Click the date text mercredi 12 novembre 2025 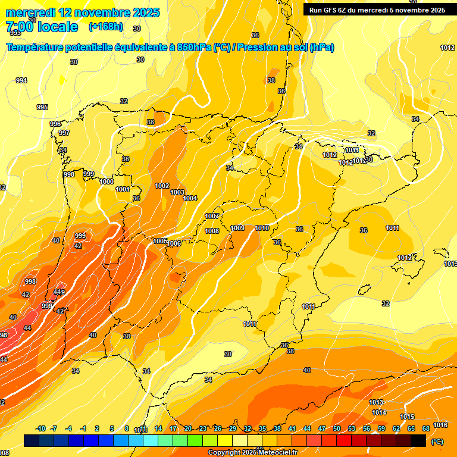coord(83,12)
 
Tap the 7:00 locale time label coord(42,27)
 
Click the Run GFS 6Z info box coord(377,10)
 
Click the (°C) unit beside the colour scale coord(437,442)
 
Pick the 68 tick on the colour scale coord(426,429)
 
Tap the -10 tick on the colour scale coord(40,429)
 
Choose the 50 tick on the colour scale coord(337,429)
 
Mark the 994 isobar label coord(21,80)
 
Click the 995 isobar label coord(42,107)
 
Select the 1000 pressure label coord(107,181)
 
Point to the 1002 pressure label coord(162,186)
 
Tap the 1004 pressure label coord(190,198)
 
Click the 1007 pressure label coord(212,216)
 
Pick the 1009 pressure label coord(237,228)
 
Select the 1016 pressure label coord(440,425)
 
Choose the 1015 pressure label coord(407,417)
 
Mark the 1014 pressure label coord(379,412)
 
